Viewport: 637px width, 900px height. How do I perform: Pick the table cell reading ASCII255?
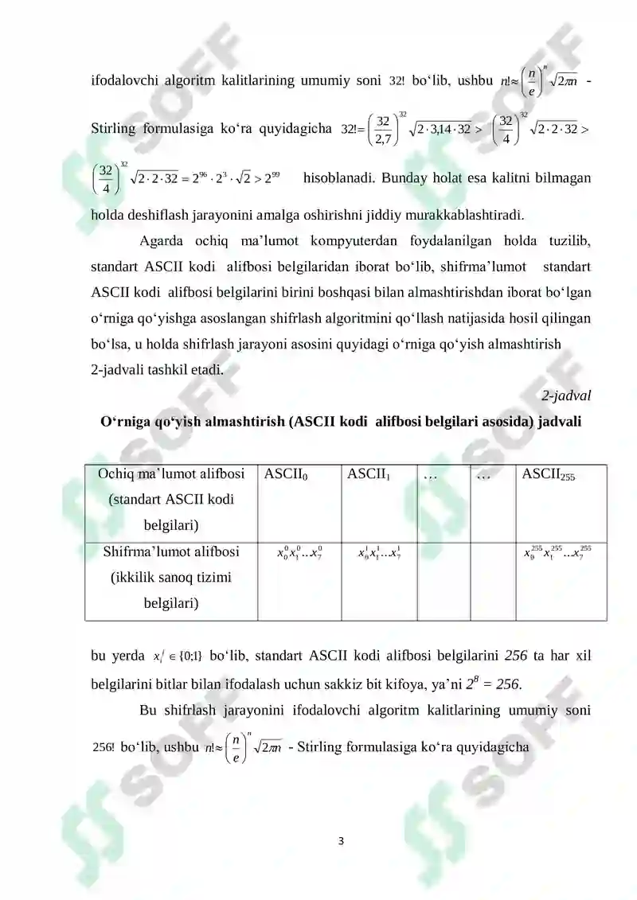[x=548, y=476]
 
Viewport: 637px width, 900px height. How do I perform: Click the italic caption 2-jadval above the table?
[x=566, y=395]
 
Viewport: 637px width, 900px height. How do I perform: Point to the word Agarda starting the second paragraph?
[x=162, y=241]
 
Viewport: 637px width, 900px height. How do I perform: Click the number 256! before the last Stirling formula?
[x=104, y=749]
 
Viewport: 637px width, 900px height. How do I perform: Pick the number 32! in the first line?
[x=397, y=81]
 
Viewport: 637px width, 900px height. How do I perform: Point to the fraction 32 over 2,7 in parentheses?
[x=383, y=128]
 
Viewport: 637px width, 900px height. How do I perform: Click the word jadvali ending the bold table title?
[x=556, y=422]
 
